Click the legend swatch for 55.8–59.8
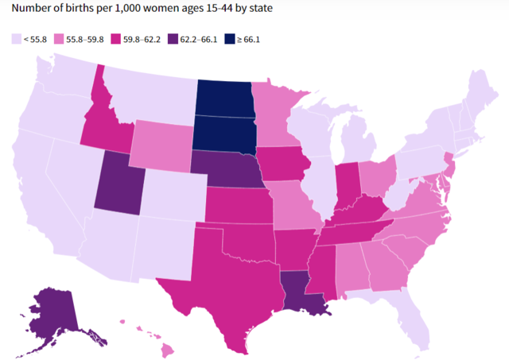(x=72, y=38)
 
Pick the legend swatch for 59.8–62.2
(x=138, y=38)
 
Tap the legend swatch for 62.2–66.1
(x=206, y=38)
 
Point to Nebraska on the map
(x=231, y=168)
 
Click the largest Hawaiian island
(x=169, y=350)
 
